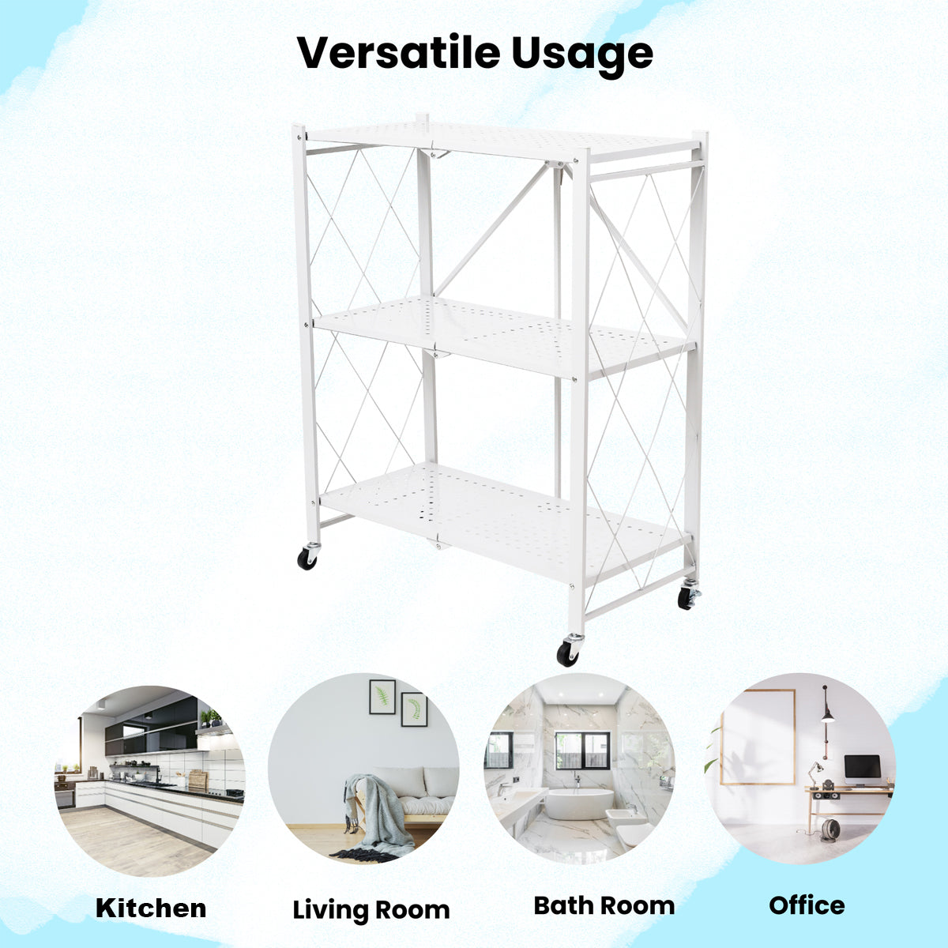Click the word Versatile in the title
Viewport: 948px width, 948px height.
click(x=398, y=52)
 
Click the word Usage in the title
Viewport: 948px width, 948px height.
click(x=582, y=56)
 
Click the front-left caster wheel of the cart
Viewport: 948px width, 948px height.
click(x=307, y=558)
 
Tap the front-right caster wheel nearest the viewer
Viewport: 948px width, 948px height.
click(x=568, y=651)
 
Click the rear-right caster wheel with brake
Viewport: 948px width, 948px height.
click(x=688, y=597)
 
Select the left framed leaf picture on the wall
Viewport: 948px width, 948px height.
click(x=382, y=697)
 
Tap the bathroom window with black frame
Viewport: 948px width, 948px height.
click(x=582, y=750)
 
